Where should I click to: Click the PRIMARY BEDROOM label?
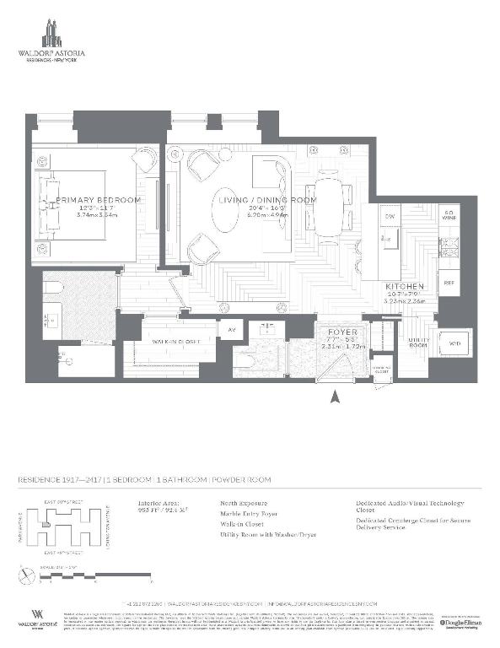pyautogui.click(x=98, y=200)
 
